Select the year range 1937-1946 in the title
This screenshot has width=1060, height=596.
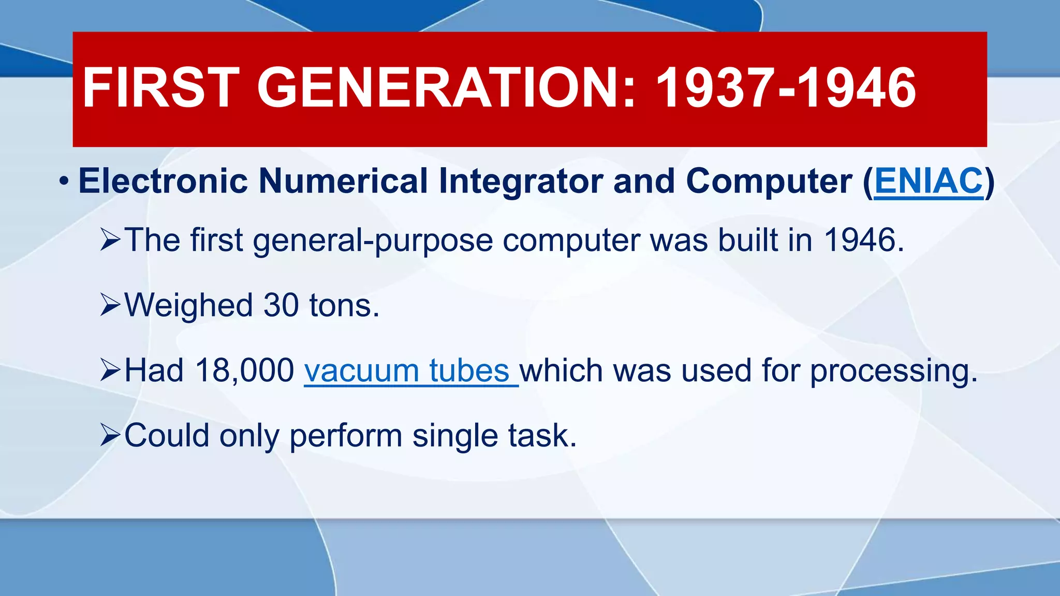click(x=786, y=88)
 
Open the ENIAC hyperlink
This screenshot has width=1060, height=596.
click(x=929, y=182)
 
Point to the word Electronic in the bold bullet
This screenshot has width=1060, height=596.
click(x=163, y=182)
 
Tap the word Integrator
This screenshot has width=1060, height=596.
click(x=521, y=182)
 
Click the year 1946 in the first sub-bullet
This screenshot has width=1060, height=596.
click(x=863, y=240)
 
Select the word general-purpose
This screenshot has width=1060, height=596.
click(x=373, y=241)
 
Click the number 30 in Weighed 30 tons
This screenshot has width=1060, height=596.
click(x=281, y=305)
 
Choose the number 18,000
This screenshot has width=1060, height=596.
click(x=244, y=371)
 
